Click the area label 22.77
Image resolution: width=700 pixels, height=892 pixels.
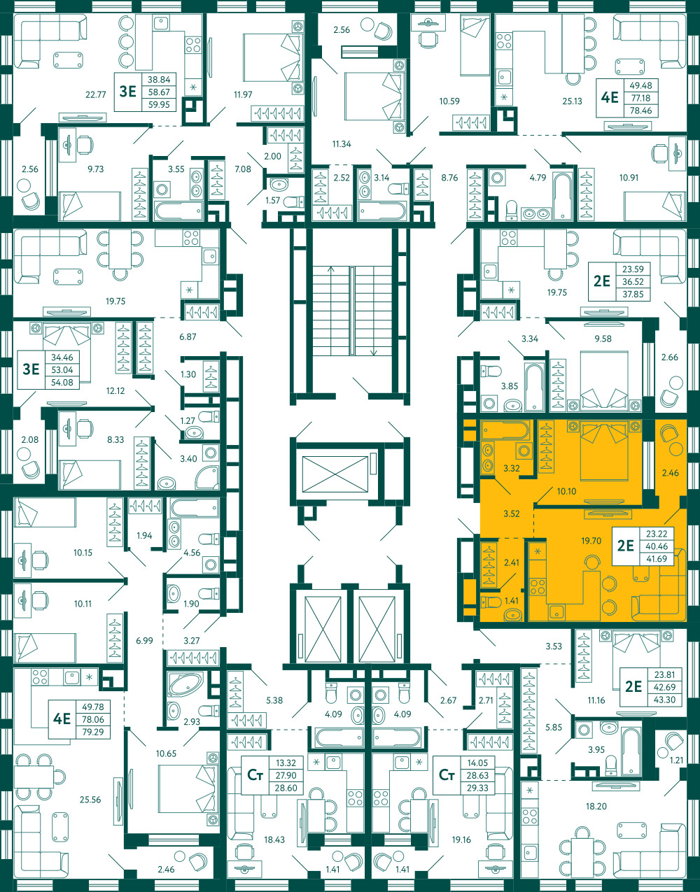[96, 95]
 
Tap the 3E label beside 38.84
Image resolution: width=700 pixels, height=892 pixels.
[127, 91]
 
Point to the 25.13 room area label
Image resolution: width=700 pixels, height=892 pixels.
[572, 101]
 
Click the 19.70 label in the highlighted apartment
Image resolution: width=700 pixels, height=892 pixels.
[591, 541]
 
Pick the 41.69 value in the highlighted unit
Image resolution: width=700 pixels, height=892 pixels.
[657, 559]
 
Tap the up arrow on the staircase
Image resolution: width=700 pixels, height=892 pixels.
[331, 269]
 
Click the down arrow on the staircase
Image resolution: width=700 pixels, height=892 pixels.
[374, 351]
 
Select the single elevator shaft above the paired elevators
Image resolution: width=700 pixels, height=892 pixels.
[335, 474]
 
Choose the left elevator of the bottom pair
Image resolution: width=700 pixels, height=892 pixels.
[323, 629]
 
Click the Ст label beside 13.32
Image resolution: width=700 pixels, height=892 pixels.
[255, 775]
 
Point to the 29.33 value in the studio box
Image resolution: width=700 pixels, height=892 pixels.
[477, 788]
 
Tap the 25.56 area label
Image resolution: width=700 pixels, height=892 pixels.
[90, 800]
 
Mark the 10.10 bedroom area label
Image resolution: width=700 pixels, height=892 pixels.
[566, 491]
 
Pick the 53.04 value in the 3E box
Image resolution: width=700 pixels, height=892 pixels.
[62, 370]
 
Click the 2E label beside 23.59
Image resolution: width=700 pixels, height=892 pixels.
[602, 281]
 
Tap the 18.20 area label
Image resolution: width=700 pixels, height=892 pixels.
[596, 806]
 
